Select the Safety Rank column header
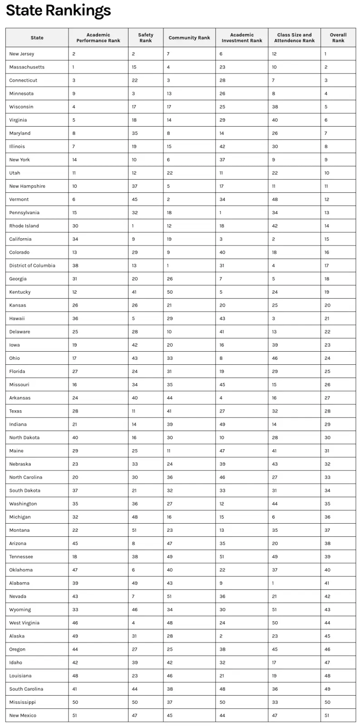146,38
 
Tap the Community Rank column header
189,38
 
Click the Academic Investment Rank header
242,38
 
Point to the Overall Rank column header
338,38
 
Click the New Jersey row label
22,54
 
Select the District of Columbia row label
32,265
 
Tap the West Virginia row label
24,623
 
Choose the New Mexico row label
23,715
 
